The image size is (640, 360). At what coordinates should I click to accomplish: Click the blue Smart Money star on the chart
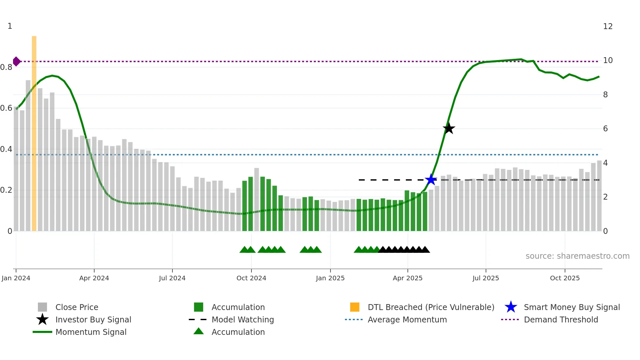click(x=431, y=180)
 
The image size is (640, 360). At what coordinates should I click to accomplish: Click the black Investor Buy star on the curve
click(x=449, y=128)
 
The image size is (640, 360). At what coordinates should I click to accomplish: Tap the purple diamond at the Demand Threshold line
click(x=16, y=61)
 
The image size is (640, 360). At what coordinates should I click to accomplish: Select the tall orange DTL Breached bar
click(x=34, y=133)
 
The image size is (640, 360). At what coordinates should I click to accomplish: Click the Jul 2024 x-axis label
click(x=172, y=278)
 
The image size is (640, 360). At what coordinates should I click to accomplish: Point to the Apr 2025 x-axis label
click(x=408, y=278)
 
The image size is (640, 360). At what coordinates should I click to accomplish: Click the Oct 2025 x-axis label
click(x=565, y=278)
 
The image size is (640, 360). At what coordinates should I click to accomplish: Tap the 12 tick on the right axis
click(x=608, y=26)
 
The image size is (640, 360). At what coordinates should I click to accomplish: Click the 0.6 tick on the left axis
click(x=6, y=108)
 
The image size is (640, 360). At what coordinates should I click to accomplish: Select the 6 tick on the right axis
click(x=605, y=129)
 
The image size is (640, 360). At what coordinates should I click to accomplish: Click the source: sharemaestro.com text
click(x=577, y=256)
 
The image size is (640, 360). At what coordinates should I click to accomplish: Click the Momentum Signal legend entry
click(x=91, y=332)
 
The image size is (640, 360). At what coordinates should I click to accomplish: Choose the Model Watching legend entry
click(x=243, y=319)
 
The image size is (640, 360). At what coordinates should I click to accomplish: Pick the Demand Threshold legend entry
click(x=561, y=319)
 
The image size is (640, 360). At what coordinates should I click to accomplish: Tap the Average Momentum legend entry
click(x=407, y=319)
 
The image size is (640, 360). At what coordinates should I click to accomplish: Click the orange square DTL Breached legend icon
click(x=355, y=307)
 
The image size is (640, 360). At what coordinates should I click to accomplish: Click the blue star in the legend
click(x=511, y=307)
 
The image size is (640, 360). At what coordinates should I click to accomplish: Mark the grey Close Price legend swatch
click(x=42, y=307)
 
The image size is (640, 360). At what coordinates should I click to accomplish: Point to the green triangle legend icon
click(x=199, y=331)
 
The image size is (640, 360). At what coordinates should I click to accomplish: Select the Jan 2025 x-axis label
click(x=330, y=278)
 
